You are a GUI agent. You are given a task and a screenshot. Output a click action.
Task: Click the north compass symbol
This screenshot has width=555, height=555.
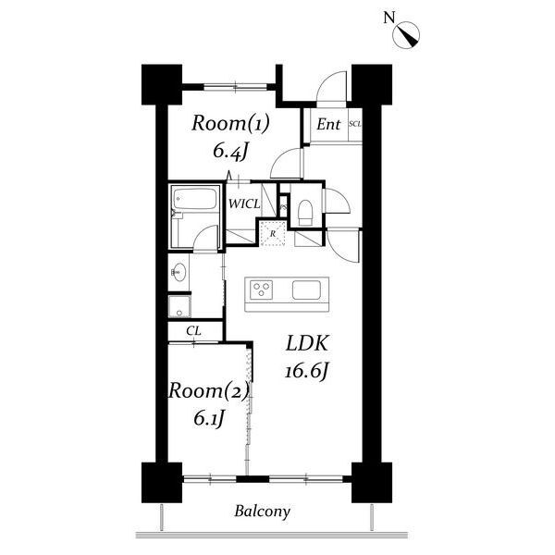coord(406,34)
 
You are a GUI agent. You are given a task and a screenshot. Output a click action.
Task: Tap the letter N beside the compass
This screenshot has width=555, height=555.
coord(389,18)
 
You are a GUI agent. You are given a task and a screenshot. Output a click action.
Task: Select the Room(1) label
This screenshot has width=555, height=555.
coord(230,124)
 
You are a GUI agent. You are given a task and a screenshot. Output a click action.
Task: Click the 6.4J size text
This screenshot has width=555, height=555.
coord(229,153)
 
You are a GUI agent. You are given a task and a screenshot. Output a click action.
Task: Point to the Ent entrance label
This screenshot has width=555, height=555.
coord(328,124)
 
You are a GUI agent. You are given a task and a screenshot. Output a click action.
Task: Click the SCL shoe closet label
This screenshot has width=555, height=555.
coord(355,124)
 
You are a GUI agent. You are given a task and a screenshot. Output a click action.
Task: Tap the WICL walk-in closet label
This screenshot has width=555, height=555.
coord(244,203)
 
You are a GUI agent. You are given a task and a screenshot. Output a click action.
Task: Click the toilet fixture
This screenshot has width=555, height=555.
coord(305,213)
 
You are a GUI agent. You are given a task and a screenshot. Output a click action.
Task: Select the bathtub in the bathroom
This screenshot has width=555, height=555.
coord(194,198)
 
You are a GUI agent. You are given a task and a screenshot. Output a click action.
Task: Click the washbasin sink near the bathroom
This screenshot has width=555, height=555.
coord(179,272)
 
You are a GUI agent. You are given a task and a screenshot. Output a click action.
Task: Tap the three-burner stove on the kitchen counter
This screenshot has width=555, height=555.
coord(262,290)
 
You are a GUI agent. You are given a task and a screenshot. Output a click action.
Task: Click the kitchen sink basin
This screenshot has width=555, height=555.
coord(306,290)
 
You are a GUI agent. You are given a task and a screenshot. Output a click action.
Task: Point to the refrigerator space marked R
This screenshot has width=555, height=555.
coord(273,233)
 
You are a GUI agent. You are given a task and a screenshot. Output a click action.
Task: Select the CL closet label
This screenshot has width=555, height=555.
coord(194,331)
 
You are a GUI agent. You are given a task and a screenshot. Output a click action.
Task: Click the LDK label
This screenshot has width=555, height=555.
coord(307,343)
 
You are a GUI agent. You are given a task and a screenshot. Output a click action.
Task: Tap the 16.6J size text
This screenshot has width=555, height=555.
coord(307,372)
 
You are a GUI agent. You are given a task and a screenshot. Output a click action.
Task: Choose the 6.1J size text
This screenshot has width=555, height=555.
coord(209,419)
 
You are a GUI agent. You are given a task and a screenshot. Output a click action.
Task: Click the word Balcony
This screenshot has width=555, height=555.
coord(263,512)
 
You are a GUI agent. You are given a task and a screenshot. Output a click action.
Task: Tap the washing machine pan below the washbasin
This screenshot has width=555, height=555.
coord(179,306)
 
